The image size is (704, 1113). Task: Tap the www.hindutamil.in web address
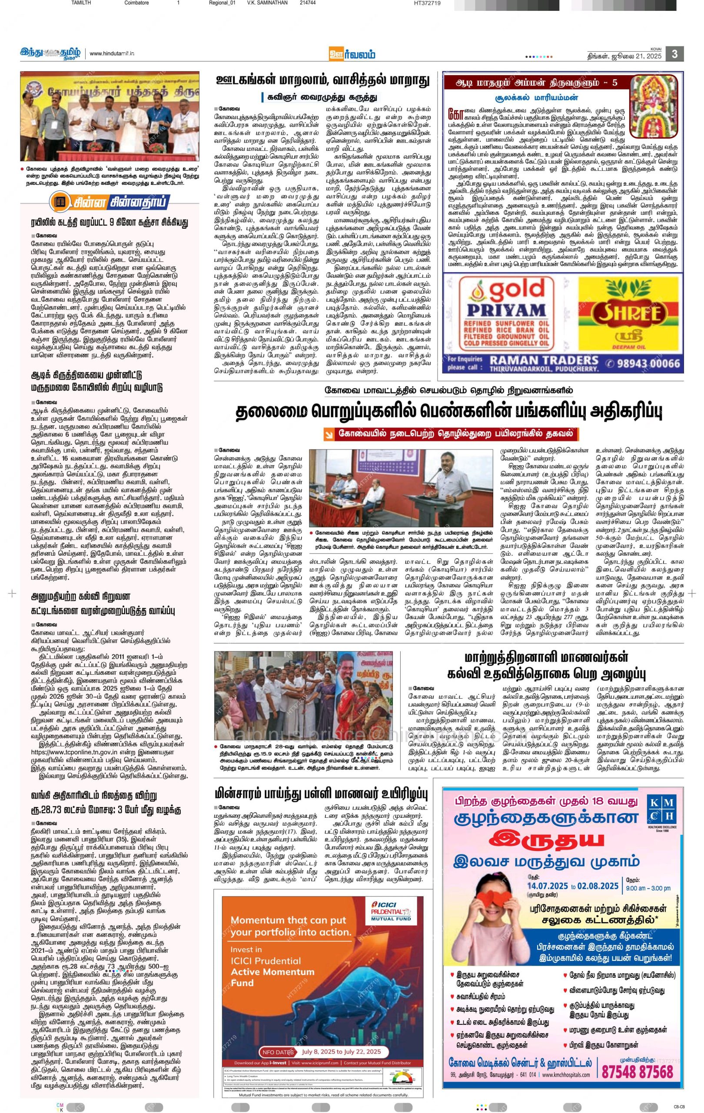[x=111, y=53]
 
